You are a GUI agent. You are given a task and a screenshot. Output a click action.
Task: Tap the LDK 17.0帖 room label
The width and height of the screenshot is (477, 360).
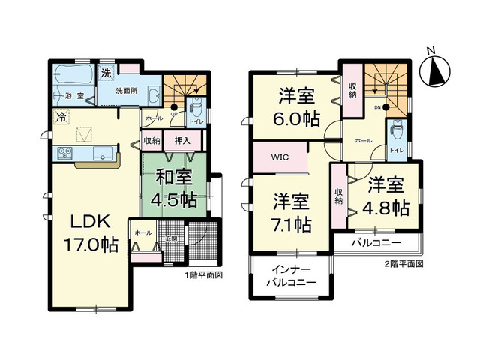pos(91,232)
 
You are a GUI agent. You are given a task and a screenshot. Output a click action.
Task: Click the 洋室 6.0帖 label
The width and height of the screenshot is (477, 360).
pos(298,106)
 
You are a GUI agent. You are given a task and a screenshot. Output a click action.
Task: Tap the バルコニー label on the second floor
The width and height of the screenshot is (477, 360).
pos(376,244)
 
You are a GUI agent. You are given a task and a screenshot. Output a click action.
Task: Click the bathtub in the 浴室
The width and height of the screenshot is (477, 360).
pos(73,75)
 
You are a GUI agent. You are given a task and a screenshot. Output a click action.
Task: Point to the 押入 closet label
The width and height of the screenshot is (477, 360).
pos(182,140)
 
